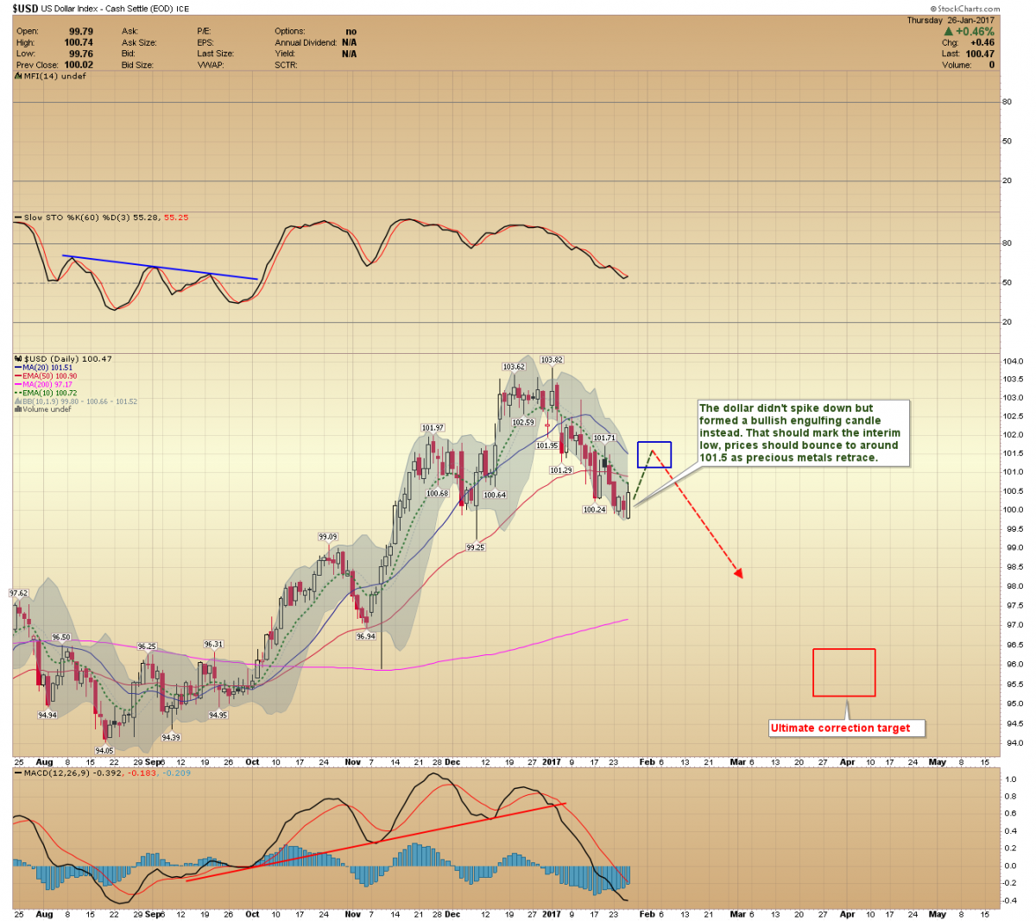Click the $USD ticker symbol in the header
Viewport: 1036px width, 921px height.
(24, 8)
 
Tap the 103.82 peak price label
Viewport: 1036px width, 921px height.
(552, 360)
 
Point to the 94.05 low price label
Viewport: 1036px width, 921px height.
(104, 750)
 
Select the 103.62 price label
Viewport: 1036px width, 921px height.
(514, 367)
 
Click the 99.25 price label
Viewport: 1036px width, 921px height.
(475, 547)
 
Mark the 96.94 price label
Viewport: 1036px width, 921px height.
(365, 636)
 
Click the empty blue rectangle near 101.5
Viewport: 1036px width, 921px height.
(654, 455)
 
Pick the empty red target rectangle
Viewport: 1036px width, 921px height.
(843, 672)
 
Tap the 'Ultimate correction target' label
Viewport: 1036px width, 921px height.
(840, 728)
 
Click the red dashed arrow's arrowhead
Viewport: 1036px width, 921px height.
(738, 572)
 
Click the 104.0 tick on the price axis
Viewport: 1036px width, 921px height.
(1012, 362)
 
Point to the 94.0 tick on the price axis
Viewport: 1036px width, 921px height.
(1012, 743)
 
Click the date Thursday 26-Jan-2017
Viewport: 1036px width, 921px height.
(950, 20)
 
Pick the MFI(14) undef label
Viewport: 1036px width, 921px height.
(52, 76)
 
